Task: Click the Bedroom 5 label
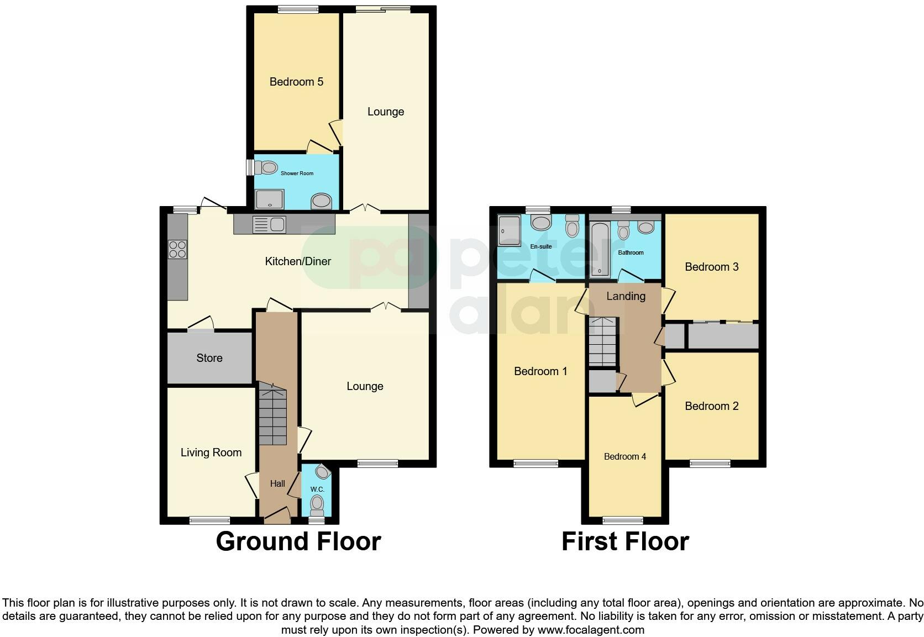click(296, 82)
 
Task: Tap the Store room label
click(209, 358)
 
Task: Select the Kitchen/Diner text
click(298, 261)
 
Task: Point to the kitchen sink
click(269, 225)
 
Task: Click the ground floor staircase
click(272, 417)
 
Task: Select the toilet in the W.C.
click(317, 504)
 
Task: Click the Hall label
click(277, 484)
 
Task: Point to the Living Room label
click(211, 452)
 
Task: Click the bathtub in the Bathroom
click(599, 249)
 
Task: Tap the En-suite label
click(540, 246)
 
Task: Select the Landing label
click(626, 296)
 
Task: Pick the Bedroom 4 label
click(624, 456)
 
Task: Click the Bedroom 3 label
click(711, 267)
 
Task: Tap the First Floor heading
click(625, 541)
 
